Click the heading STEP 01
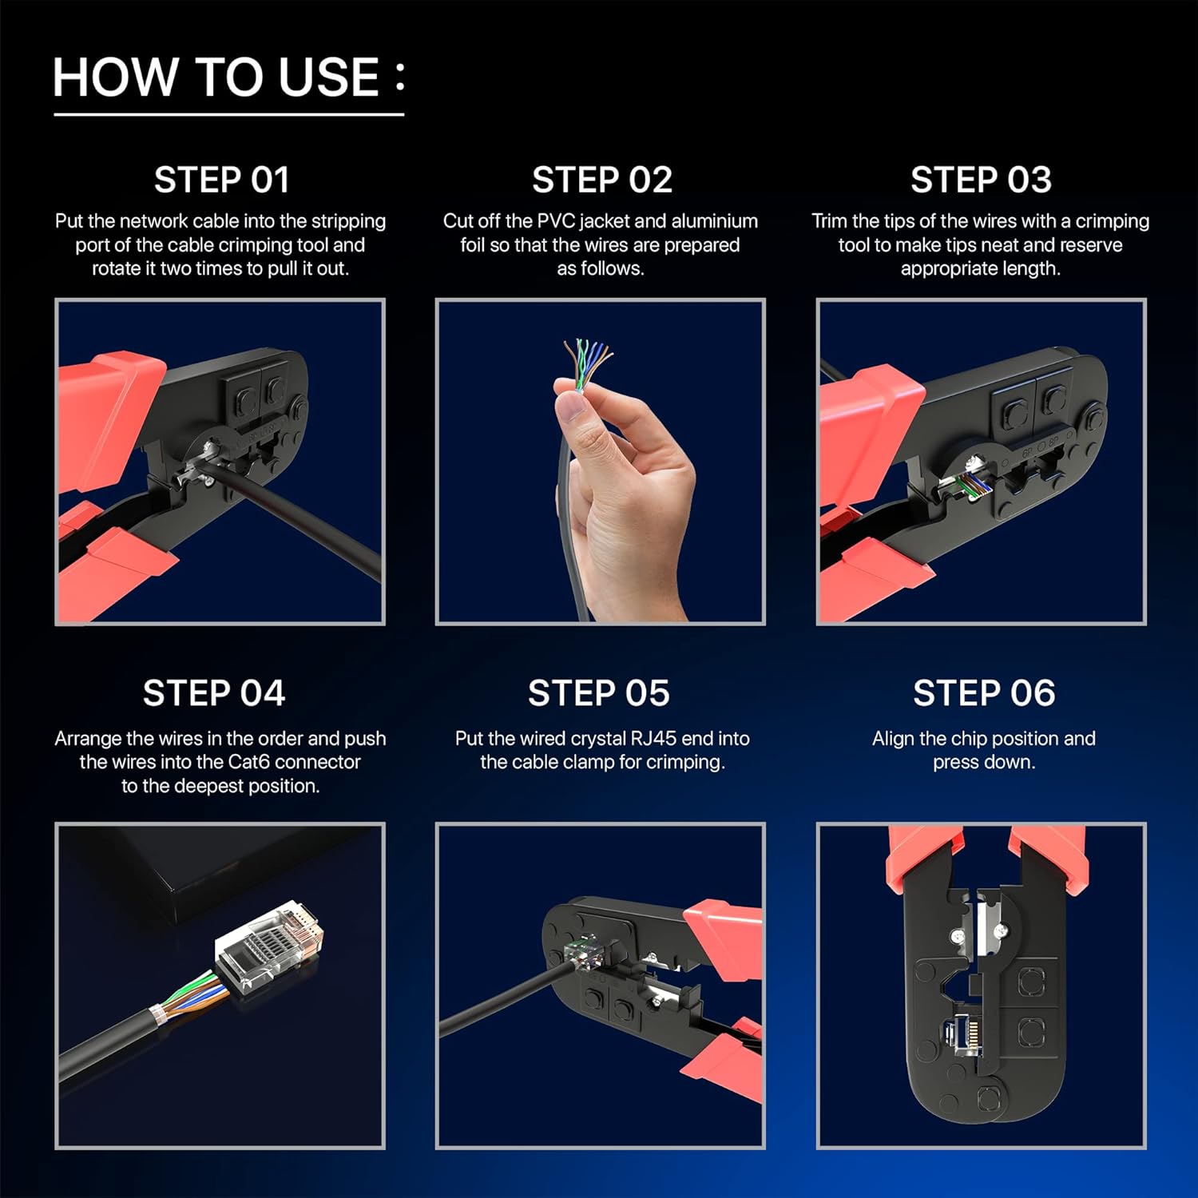click(x=221, y=180)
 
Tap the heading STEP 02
click(x=602, y=180)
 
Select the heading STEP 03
click(x=981, y=180)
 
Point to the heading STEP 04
click(x=213, y=693)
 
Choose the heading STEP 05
click(x=599, y=693)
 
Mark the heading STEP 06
click(x=984, y=693)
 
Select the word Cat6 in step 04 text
click(x=249, y=762)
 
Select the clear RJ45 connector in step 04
click(x=269, y=945)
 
